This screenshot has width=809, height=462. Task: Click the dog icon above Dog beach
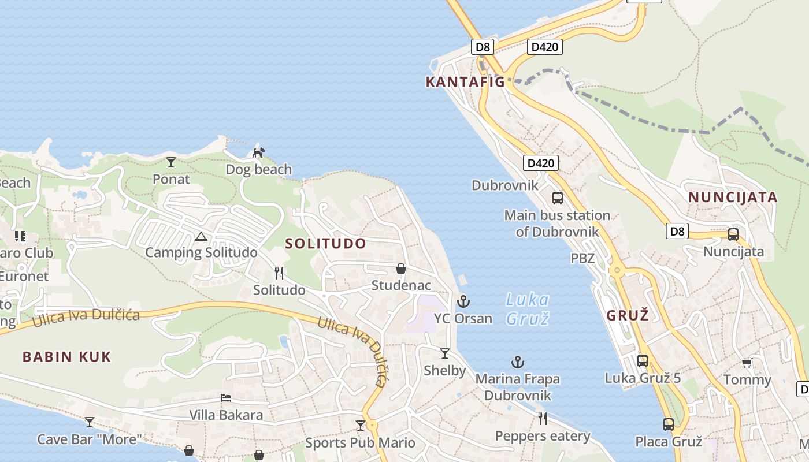[258, 152]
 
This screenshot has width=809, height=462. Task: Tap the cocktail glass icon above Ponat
[171, 162]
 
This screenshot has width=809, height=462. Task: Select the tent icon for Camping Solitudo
[201, 236]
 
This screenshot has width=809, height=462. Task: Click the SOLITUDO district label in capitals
[326, 244]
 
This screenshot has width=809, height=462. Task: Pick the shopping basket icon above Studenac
[400, 269]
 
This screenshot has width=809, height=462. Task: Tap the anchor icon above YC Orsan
[463, 301]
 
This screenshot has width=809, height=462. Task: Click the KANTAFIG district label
[465, 82]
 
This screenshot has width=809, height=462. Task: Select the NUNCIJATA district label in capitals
[733, 198]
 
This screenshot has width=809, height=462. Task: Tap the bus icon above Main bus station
[558, 198]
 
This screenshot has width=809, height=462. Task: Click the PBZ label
[582, 258]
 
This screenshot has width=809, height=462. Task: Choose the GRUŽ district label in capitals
[628, 315]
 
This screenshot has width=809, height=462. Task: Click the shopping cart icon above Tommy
[747, 363]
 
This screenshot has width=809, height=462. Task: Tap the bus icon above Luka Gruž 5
[642, 361]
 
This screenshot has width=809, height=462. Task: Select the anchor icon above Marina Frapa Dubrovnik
[518, 362]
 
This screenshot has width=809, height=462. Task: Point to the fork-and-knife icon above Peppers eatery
[542, 418]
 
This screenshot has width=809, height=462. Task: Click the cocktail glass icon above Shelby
[444, 353]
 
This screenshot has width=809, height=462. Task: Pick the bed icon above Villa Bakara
[226, 398]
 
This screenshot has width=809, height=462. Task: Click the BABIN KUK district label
[66, 357]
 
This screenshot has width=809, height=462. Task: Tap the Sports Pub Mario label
[360, 443]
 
